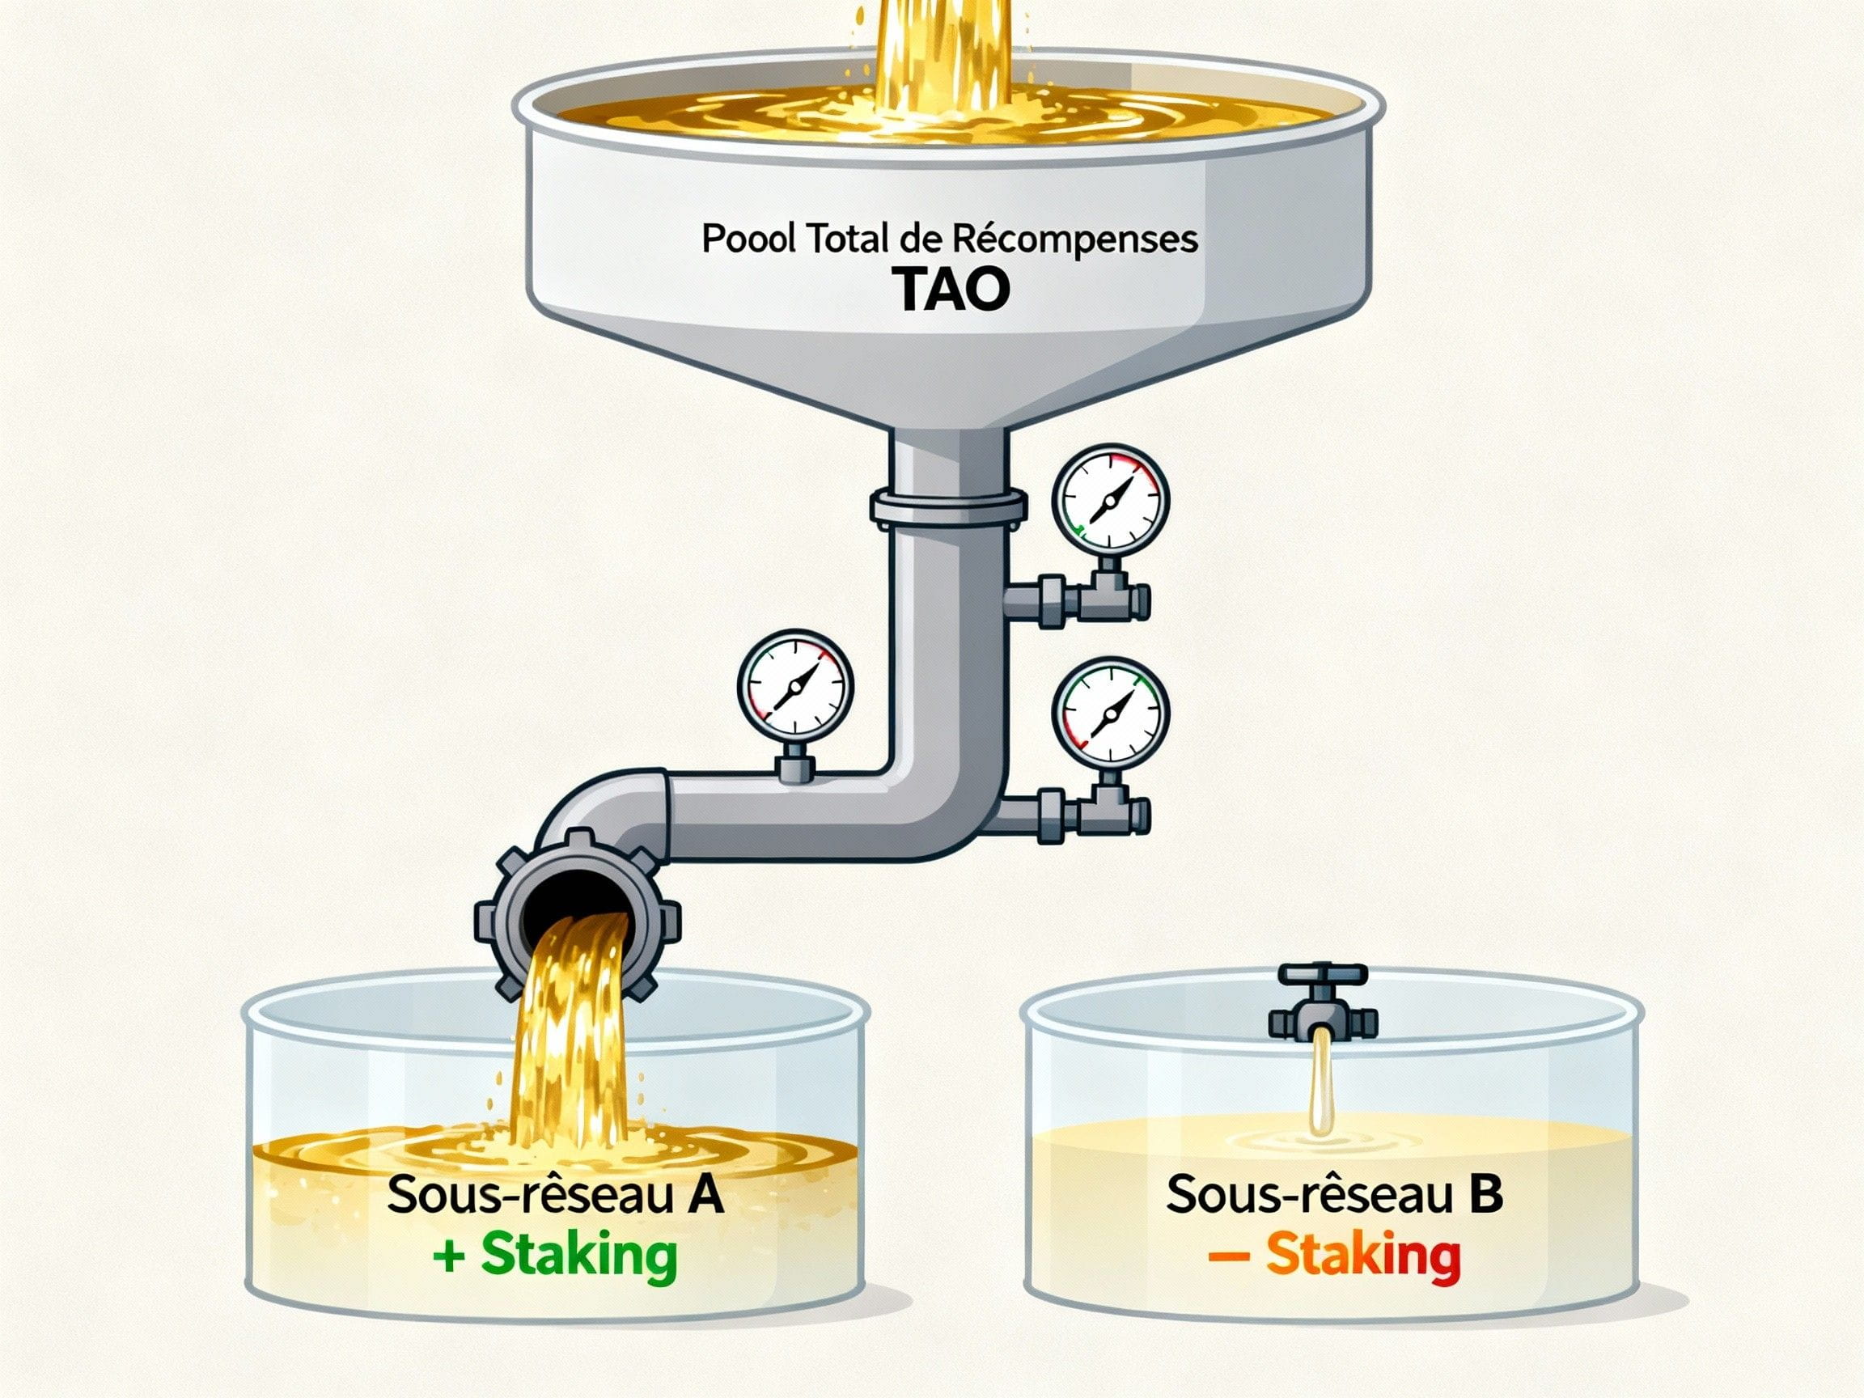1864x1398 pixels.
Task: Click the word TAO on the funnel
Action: point(951,289)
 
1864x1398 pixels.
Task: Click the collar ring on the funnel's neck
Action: point(948,506)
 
